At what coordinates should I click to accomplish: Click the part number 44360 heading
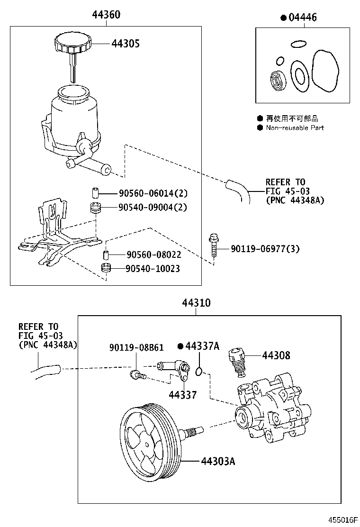[x=106, y=15]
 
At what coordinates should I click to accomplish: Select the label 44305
[x=126, y=44]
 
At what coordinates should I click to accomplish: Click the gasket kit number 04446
[x=302, y=18]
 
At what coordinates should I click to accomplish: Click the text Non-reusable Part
[x=295, y=127]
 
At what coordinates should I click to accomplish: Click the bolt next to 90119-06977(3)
[x=213, y=247]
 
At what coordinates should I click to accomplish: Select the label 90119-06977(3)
[x=265, y=249]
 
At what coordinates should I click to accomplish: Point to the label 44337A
[x=202, y=346]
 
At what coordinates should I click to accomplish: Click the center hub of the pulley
[x=147, y=445]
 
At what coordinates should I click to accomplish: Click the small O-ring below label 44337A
[x=200, y=370]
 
